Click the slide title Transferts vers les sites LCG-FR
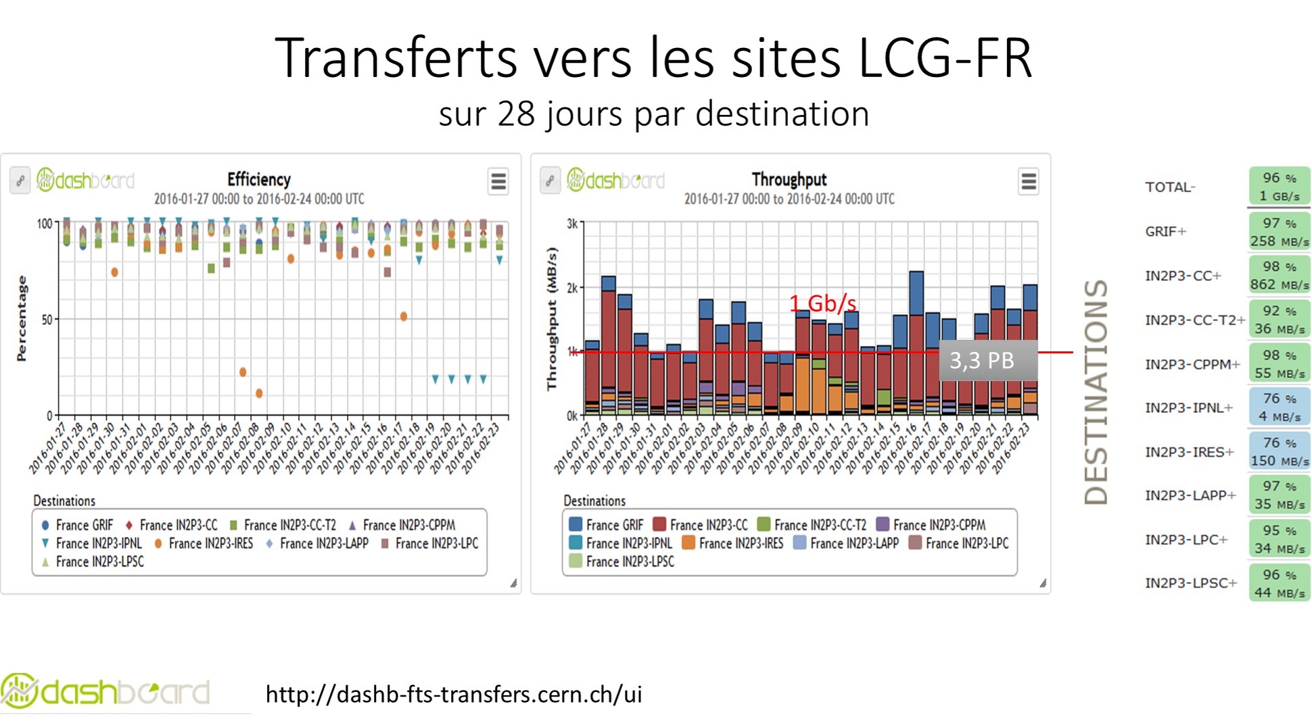point(653,58)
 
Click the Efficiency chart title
point(258,180)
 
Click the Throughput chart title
point(789,180)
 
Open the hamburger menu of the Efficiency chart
point(498,182)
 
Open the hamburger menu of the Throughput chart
point(1028,182)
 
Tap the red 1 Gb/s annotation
point(822,303)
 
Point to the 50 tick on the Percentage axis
point(47,320)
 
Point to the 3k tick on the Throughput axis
point(572,224)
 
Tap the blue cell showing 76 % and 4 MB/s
point(1279,407)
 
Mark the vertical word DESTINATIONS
point(1096,392)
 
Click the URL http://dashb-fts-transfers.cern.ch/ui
point(454,694)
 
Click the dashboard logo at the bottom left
point(105,692)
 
